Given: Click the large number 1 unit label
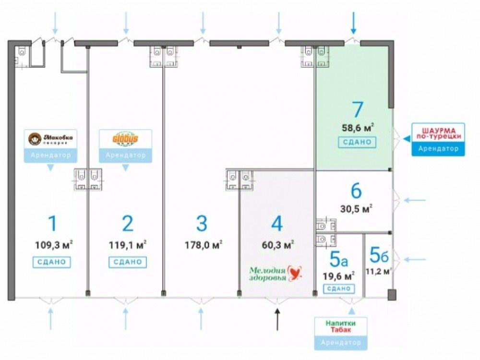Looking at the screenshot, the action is coord(53,224).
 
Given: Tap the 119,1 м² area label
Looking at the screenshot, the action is coord(127,245).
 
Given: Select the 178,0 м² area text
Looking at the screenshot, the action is coord(203,245).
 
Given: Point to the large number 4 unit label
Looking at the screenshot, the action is coord(277,224).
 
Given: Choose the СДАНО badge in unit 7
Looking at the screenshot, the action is coord(357,142).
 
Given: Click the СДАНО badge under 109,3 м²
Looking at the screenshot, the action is coord(52,262).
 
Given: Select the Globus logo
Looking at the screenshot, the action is coord(125,139).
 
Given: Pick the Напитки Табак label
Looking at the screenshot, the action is coord(341,326).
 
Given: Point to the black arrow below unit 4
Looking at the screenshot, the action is coord(277,320).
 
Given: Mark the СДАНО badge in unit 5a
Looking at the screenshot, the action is coord(339,288).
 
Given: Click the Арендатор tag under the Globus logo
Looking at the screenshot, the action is coord(125,155).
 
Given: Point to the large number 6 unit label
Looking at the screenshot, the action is coord(356,191).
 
